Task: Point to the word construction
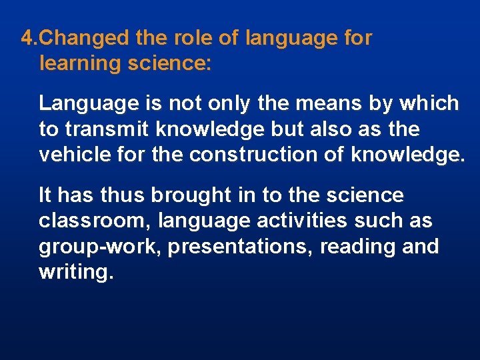[x=256, y=155]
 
